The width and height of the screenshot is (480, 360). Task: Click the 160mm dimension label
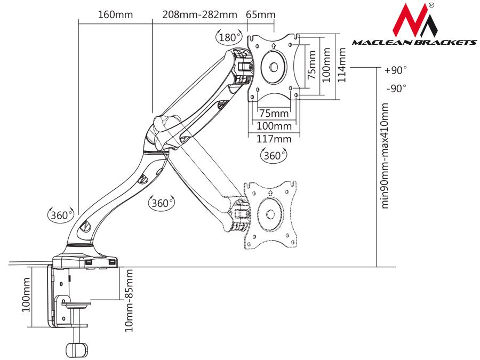tap(115, 14)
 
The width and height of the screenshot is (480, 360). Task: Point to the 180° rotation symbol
tap(228, 37)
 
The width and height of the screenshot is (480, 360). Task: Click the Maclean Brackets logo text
tap(414, 43)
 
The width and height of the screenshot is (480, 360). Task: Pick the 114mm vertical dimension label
tap(343, 65)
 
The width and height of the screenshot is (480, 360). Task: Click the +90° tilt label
tap(395, 70)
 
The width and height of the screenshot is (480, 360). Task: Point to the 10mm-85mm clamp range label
tap(128, 301)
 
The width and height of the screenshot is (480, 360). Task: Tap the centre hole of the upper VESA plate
tap(273, 67)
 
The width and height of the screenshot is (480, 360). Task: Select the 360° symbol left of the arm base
tap(60, 215)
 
